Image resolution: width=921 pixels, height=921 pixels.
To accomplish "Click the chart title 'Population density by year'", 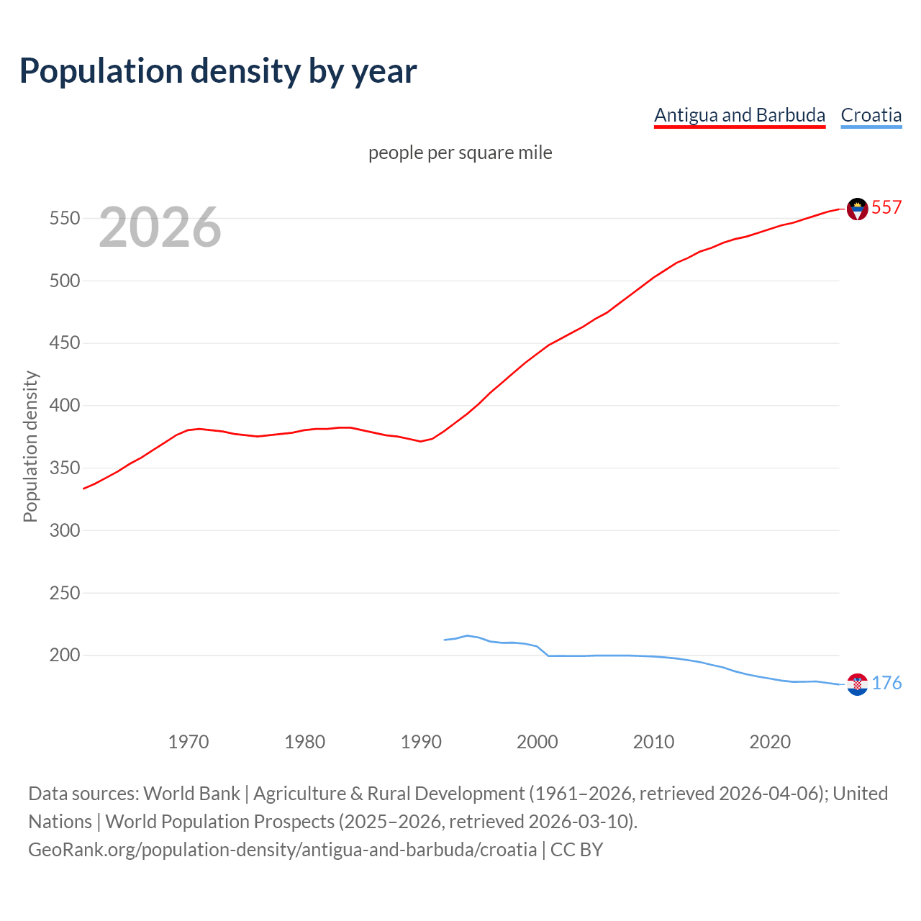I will pos(218,71).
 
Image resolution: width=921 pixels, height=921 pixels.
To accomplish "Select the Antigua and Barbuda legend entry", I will pos(739,115).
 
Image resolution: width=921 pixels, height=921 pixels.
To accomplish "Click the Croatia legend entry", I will pos(871,115).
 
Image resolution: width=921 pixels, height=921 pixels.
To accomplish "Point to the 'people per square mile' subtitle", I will pos(460,153).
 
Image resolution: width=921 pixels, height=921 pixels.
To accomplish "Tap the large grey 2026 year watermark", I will pos(160,227).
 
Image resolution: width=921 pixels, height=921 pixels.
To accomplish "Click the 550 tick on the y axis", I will pos(64,218).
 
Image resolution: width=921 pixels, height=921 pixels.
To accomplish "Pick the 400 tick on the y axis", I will pos(64,406).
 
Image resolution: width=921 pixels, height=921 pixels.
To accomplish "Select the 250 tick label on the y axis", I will pos(64,593).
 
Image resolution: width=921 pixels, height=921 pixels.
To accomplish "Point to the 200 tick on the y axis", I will pos(64,655).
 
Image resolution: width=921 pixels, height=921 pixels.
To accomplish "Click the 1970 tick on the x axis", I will pos(189,742).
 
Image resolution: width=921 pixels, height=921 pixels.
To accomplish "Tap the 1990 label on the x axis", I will pos(421,742).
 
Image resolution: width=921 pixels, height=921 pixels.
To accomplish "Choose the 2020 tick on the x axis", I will pos(770,742).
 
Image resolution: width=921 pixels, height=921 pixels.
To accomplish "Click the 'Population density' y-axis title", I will pos(30,446).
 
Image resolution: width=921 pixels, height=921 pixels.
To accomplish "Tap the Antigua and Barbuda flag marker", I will pos(857,209).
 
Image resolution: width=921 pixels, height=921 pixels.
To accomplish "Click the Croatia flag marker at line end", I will pos(857,684).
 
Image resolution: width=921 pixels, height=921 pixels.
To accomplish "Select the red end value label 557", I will pos(886,208).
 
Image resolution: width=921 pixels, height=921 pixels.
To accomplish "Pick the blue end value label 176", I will pos(886,684).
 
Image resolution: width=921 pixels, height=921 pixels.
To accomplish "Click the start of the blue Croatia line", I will pos(445,640).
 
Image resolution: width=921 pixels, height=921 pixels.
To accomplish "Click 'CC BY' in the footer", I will pos(576,850).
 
